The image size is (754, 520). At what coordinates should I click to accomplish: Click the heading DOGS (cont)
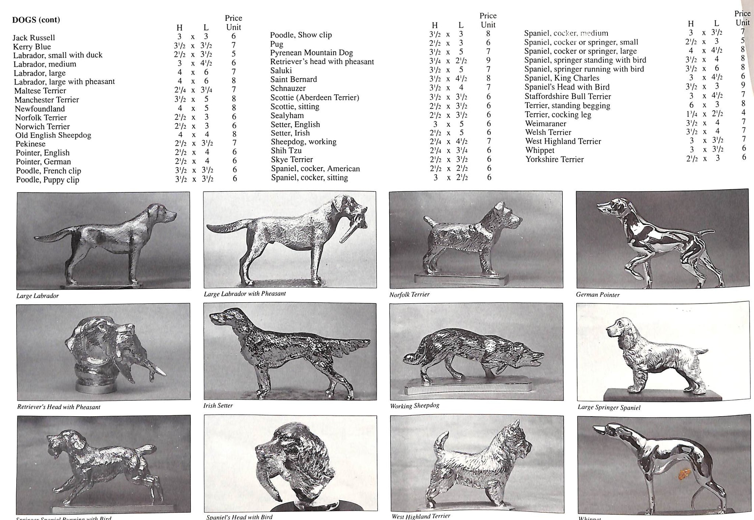click(x=36, y=20)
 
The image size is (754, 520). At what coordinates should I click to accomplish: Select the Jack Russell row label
click(x=34, y=38)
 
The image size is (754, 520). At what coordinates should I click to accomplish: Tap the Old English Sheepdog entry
click(x=53, y=135)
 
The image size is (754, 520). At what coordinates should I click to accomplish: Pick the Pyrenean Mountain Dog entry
click(x=311, y=53)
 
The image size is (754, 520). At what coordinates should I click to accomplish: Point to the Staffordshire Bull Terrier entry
click(x=568, y=96)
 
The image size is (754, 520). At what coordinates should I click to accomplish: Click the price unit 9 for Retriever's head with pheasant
click(x=488, y=60)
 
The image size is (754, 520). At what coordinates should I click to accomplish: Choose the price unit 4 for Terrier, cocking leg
click(x=743, y=113)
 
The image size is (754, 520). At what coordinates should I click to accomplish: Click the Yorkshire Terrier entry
click(x=554, y=159)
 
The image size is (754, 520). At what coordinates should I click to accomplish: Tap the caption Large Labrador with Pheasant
click(x=245, y=294)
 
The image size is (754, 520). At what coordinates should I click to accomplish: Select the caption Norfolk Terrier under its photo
click(x=409, y=294)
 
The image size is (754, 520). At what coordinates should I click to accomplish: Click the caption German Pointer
click(x=598, y=295)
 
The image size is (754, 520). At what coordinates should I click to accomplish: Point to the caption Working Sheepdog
click(x=415, y=406)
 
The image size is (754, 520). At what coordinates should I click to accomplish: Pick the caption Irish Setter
click(x=218, y=406)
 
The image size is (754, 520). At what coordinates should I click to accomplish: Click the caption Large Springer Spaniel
click(x=609, y=407)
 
